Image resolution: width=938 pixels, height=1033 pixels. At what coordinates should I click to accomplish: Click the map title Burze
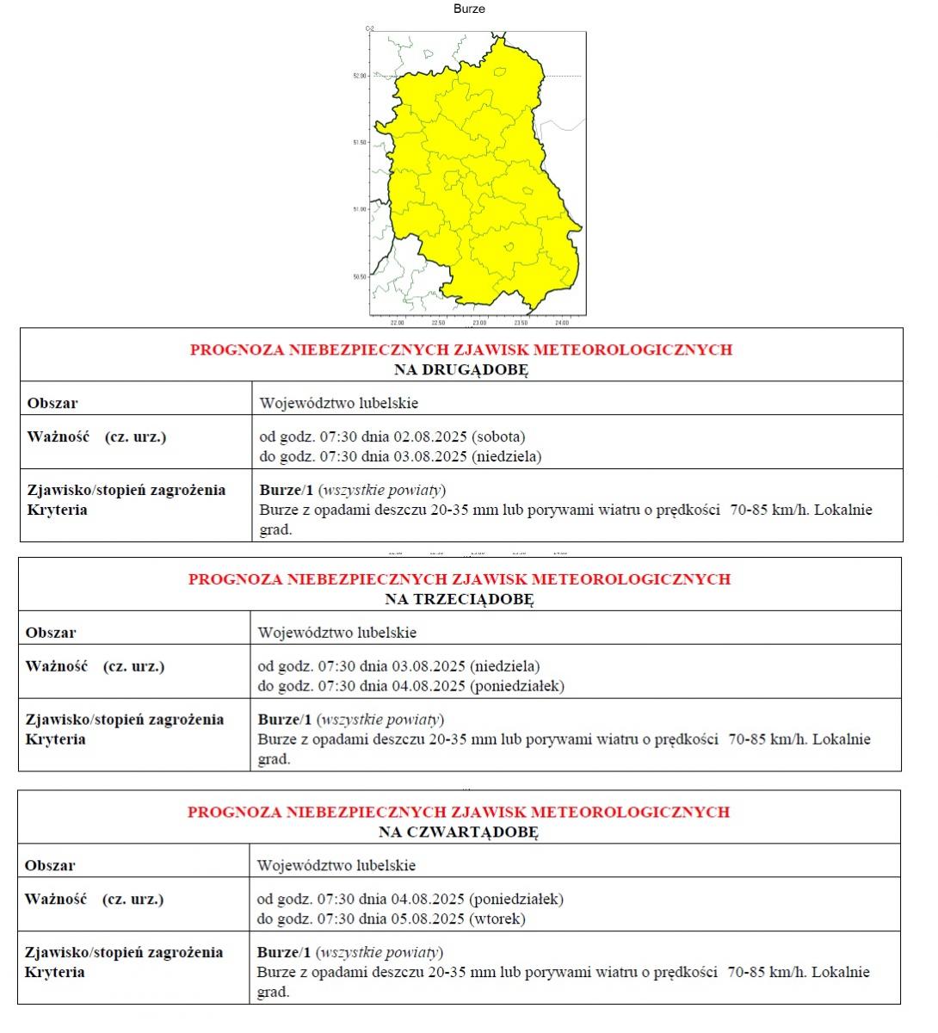tap(469, 9)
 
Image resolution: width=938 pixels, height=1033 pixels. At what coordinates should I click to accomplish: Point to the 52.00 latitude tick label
tap(360, 76)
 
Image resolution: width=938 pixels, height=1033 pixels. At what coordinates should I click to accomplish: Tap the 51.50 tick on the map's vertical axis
tap(360, 142)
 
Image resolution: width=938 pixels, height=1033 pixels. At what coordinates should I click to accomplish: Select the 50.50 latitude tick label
tap(360, 276)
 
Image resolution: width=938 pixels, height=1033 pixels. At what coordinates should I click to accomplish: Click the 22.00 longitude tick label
tap(397, 324)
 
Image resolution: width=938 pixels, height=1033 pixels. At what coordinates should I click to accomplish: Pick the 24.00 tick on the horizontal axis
tap(562, 324)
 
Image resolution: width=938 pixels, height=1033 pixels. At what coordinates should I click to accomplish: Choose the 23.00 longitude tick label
tap(479, 324)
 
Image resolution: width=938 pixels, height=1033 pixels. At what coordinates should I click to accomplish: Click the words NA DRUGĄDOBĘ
tap(461, 369)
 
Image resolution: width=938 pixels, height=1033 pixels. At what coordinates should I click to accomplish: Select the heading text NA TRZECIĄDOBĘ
tap(460, 599)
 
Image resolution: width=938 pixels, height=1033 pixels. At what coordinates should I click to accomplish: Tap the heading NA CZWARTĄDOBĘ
tap(459, 832)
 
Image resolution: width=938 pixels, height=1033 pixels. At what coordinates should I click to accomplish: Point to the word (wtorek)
tap(497, 919)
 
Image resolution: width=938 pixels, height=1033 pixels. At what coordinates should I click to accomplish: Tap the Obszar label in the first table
tap(52, 403)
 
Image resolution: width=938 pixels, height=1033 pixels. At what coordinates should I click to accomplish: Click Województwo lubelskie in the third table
tap(336, 865)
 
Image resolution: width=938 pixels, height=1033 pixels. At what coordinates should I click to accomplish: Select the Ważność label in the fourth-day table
tap(56, 899)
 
